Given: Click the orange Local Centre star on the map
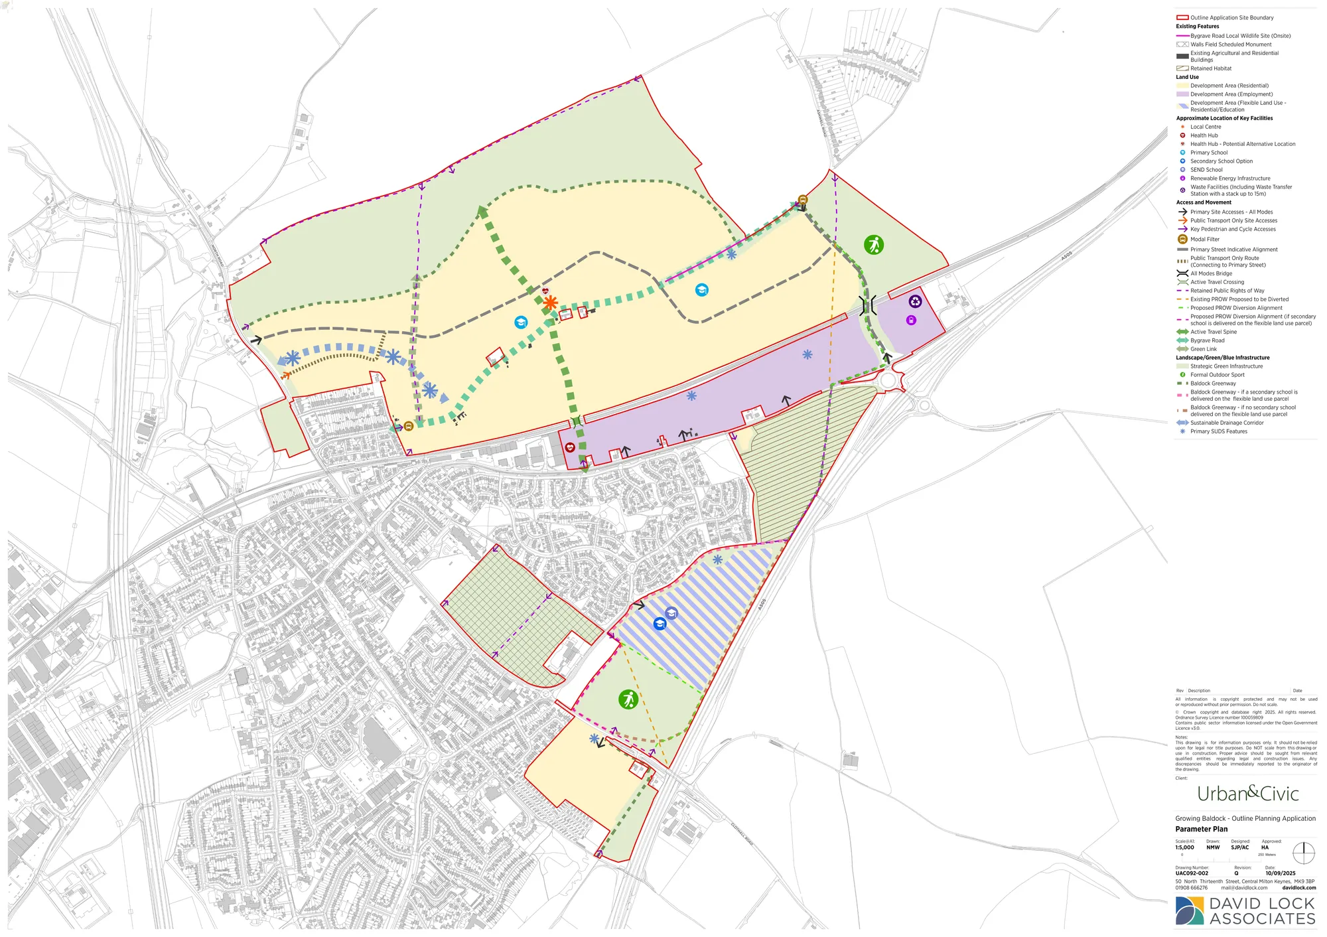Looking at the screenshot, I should point(550,303).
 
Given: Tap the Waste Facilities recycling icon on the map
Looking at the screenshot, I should point(915,301).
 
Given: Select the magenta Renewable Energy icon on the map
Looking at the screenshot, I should point(911,321).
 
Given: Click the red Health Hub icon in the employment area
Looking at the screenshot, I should point(570,447).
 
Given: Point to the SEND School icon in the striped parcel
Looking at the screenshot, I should point(671,613).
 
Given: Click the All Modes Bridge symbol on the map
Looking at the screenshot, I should point(867,305).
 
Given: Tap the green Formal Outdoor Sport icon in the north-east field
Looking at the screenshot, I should point(874,245).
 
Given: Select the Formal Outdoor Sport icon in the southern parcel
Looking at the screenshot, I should point(628,699).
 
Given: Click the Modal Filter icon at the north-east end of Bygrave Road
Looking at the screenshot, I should point(803,200).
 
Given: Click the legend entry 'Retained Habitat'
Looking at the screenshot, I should point(1210,68).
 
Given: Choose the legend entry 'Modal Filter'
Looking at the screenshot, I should point(1204,240).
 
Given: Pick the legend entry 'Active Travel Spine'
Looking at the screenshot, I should point(1213,332).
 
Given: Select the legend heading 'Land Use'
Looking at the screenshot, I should point(1187,77).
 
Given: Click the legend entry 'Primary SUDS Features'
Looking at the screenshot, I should point(1218,431).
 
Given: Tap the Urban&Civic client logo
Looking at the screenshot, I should point(1247,793).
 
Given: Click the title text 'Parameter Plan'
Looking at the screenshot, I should point(1201,829).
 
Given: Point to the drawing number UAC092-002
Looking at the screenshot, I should point(1192,873).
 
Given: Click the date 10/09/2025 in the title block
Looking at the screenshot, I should point(1280,873).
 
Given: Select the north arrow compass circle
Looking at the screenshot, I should point(1303,853).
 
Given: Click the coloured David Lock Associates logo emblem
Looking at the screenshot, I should point(1189,911).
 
